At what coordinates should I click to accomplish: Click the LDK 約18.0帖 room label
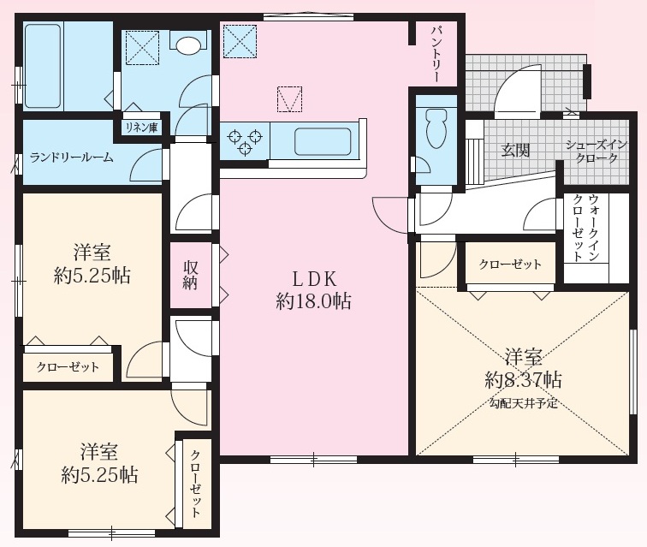314,291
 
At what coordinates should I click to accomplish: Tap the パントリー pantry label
436,54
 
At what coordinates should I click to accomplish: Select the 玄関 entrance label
515,150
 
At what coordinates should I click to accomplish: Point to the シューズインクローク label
597,152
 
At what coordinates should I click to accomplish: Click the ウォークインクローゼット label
585,227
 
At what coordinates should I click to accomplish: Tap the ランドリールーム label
71,158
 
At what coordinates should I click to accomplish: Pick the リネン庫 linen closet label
141,128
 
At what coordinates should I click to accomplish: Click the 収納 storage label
190,276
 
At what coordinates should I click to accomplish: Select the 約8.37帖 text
523,379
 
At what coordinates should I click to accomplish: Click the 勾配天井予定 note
523,403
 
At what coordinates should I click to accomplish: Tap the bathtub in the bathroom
43,66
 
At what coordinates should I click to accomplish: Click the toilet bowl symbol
437,128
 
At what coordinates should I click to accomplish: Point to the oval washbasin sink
188,45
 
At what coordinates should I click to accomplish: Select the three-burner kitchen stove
245,140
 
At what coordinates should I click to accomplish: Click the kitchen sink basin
323,141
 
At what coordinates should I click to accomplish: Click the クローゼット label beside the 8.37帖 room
510,265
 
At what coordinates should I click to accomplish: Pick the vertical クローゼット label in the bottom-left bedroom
195,484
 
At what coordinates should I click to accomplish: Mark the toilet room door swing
422,164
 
